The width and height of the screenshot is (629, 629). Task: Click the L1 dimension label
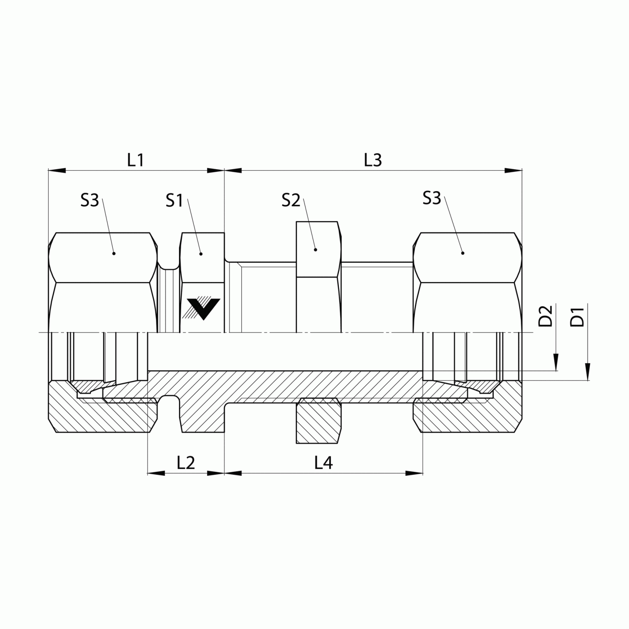[136, 160]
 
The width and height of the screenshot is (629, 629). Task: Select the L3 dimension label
[373, 160]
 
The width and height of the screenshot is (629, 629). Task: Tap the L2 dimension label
[186, 463]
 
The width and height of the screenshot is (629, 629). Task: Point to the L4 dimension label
[324, 463]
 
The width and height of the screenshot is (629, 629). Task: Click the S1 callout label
[174, 201]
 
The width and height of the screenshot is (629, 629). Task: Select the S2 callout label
[291, 201]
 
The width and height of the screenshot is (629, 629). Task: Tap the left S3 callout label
[90, 200]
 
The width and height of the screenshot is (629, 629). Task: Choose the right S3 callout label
[432, 199]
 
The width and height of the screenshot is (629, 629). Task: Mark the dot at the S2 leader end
[315, 249]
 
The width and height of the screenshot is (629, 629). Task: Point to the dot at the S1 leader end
[201, 254]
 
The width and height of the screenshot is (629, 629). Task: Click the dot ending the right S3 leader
[463, 253]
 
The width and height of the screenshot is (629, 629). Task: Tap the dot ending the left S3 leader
[114, 253]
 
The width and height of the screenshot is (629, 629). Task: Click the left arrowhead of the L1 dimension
[57, 170]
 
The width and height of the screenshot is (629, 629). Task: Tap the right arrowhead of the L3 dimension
[514, 170]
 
